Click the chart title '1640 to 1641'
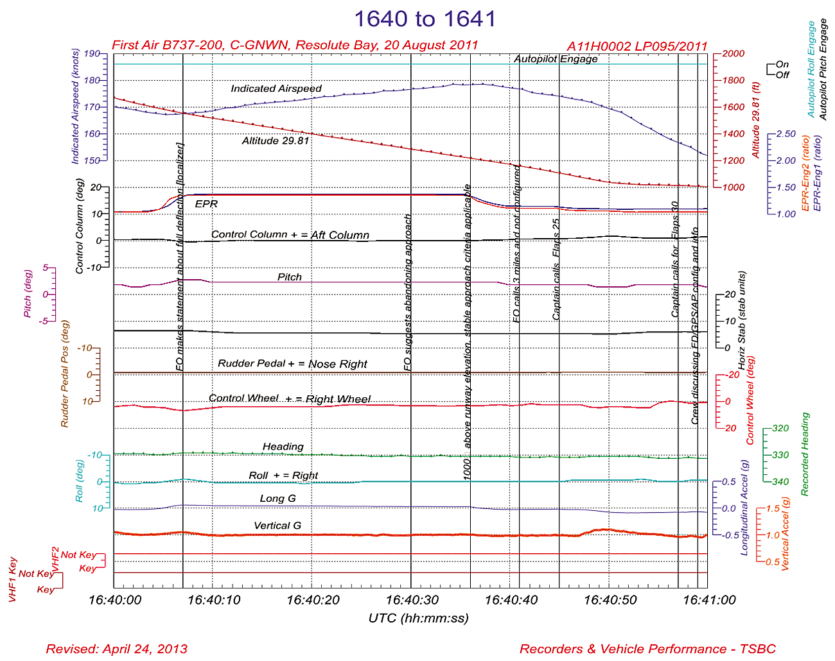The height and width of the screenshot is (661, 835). coord(425,19)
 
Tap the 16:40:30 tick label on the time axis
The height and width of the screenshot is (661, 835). coord(412,600)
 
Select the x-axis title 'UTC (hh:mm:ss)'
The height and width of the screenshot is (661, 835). coord(418,619)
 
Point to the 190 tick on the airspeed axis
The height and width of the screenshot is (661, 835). coord(92,54)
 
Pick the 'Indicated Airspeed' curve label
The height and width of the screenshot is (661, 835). coord(276,89)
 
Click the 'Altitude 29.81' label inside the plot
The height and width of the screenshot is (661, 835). coord(276,141)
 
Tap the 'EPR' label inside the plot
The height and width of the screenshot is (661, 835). coord(206,204)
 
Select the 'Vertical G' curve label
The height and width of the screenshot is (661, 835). coord(277,526)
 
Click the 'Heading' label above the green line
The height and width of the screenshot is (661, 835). coord(283,447)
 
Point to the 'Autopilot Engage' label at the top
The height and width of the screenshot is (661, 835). coord(556,59)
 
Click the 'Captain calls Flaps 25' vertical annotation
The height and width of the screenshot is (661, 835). coord(557,270)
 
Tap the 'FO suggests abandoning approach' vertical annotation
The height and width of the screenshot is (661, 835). coord(407,293)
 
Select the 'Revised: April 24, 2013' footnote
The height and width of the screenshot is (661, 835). coord(117,649)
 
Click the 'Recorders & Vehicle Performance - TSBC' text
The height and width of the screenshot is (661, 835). coord(647,649)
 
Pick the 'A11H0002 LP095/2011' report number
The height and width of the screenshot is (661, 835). coord(637,46)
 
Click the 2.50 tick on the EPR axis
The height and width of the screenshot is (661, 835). coord(786,134)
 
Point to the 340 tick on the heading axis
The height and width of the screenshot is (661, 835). coord(780,482)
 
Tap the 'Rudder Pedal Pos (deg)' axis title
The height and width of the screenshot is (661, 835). coord(64,373)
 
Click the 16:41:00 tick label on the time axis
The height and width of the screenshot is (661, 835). coord(709,600)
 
